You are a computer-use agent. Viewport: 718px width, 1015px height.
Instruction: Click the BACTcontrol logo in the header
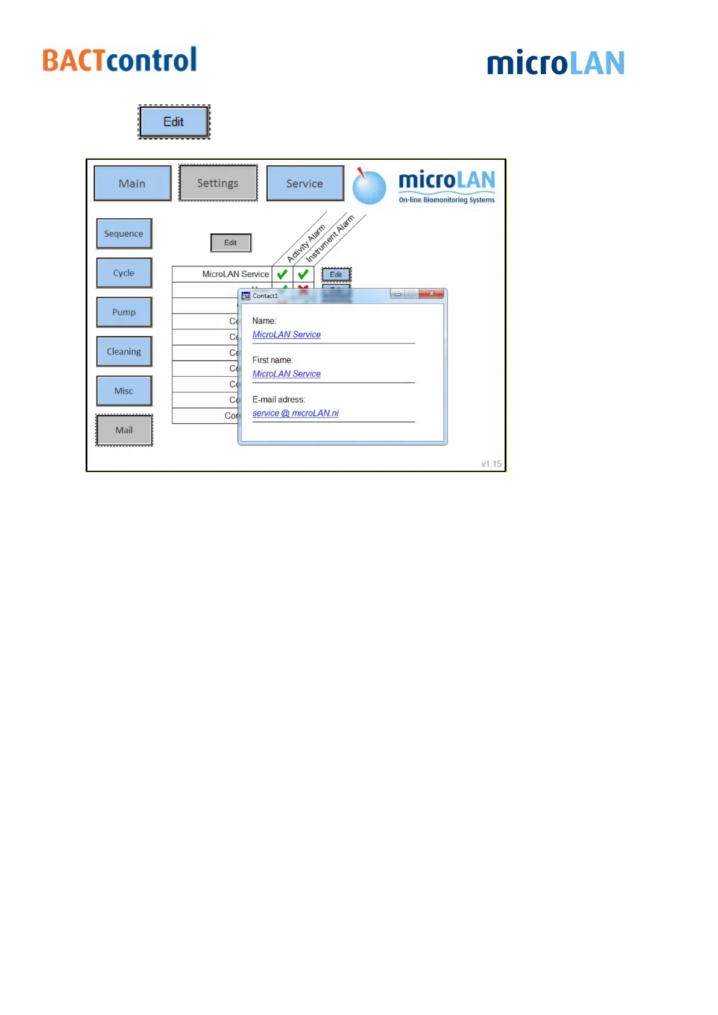pos(119,60)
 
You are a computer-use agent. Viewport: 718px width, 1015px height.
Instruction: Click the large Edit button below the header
pos(174,122)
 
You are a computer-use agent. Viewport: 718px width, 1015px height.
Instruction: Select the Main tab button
pos(133,183)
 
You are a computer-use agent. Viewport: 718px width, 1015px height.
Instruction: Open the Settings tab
pos(218,183)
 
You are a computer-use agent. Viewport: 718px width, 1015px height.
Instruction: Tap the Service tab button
pos(305,183)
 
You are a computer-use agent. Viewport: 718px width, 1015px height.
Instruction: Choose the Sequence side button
pos(124,234)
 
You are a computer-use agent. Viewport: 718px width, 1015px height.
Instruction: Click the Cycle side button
pos(124,273)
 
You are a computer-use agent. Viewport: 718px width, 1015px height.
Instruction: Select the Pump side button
pos(124,312)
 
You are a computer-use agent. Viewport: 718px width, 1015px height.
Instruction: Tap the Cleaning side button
pos(124,351)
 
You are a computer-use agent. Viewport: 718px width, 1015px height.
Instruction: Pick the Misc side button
pos(124,391)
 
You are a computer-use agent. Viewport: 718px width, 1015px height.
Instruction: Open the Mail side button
pos(124,430)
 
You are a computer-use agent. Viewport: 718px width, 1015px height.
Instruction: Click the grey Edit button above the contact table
pos(231,243)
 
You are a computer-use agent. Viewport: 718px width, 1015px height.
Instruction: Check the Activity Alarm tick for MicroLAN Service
pos(282,274)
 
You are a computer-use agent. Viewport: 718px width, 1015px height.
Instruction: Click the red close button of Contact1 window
pos(432,294)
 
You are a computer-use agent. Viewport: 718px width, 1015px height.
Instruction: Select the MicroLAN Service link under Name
pos(286,335)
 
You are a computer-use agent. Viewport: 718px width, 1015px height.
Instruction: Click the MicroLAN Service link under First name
pos(286,374)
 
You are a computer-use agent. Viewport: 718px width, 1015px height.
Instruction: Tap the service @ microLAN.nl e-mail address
pos(295,413)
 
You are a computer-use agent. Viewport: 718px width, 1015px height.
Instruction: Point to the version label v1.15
pos(491,464)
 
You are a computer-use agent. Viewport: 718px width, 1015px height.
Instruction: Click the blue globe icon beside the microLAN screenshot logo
pos(369,187)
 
